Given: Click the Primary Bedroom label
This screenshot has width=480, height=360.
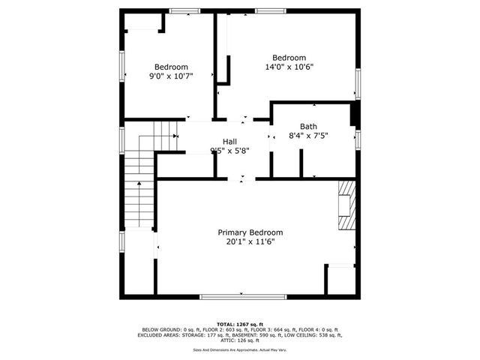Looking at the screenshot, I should (x=250, y=232).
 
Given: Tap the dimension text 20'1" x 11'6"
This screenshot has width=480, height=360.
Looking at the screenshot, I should (x=250, y=242).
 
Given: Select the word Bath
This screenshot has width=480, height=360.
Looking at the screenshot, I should (x=308, y=126).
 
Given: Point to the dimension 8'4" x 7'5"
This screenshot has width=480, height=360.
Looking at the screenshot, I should (x=308, y=136).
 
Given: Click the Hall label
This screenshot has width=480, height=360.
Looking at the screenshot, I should (x=230, y=141).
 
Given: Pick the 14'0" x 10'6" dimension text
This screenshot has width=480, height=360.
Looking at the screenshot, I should (x=289, y=67).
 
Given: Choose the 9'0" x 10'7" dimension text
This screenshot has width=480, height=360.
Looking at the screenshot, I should (x=171, y=76).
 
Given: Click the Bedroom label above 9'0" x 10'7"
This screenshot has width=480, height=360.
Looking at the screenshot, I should (x=171, y=66).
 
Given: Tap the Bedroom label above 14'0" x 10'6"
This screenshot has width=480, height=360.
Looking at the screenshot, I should (x=289, y=58).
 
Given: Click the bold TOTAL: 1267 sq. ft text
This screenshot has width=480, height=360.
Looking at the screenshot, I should (x=240, y=323).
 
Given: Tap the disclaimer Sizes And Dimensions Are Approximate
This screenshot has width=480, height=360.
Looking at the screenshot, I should (x=240, y=349).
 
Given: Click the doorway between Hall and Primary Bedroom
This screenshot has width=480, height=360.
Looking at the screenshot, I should (x=241, y=178).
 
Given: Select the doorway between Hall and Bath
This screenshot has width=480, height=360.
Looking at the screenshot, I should (x=270, y=137).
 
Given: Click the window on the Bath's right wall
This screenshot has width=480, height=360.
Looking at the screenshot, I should (x=358, y=139).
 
